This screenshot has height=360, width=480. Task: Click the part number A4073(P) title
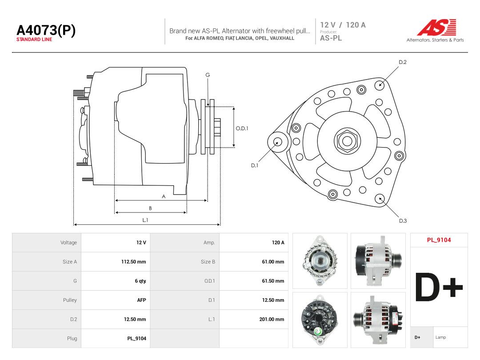46,30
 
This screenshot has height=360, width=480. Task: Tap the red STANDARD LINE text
34,40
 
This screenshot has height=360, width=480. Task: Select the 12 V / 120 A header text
343,25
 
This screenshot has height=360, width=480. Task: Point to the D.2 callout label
403,62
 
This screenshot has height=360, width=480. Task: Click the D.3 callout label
403,221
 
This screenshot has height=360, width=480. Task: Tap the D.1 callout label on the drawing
255,165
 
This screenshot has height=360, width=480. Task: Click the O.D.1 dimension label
242,128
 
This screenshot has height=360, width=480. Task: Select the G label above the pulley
208,75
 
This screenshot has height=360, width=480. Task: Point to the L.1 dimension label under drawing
145,220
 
